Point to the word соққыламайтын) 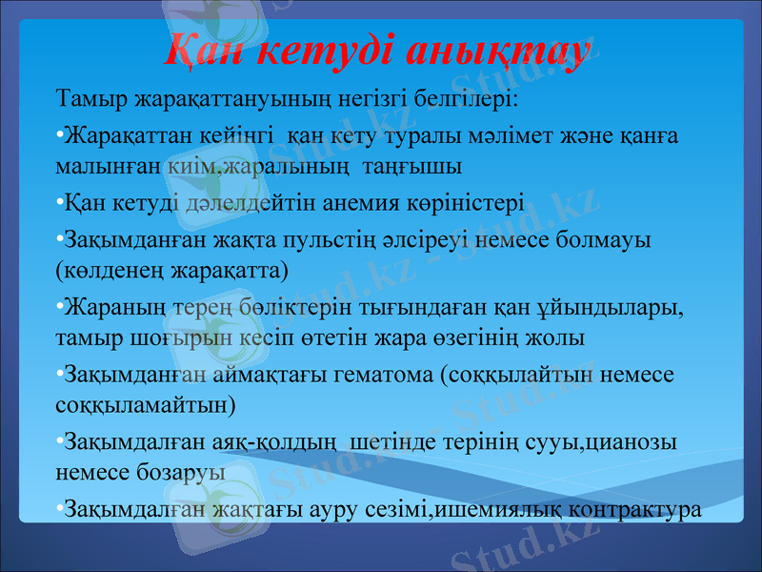click(x=148, y=403)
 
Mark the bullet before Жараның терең click(x=59, y=307)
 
